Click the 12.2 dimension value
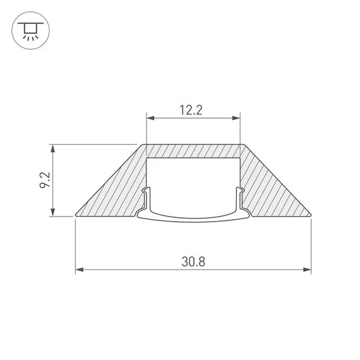click(191, 110)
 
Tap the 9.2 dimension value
click(45, 180)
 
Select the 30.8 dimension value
click(193, 261)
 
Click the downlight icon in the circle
click(30, 30)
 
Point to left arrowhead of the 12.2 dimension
click(150, 118)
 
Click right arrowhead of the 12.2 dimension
click(236, 118)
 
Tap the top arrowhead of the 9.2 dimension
click(53, 148)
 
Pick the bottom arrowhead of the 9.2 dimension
click(53, 212)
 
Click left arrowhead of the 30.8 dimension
click(80, 270)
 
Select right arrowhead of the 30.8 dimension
click(307, 270)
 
